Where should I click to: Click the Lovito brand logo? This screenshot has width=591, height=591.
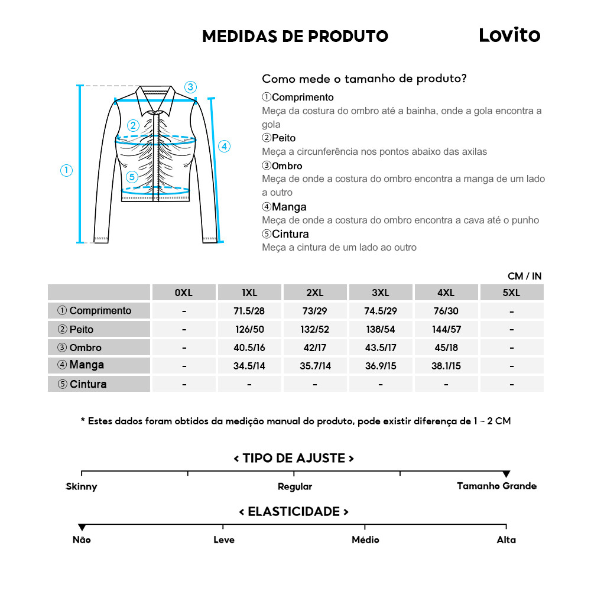[509, 35]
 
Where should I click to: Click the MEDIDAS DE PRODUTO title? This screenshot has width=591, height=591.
[295, 36]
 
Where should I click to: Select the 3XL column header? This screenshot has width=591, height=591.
[381, 293]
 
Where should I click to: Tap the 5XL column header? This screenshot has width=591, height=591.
[511, 293]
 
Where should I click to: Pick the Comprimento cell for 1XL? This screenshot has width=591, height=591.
[249, 311]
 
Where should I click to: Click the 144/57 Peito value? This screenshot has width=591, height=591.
[446, 329]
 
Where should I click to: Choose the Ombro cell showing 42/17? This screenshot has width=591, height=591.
[314, 348]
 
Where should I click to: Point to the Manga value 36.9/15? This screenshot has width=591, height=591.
[381, 366]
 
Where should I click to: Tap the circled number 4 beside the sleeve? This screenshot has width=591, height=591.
[224, 147]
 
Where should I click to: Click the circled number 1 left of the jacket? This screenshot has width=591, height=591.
[67, 170]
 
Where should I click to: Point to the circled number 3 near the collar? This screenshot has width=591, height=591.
[190, 87]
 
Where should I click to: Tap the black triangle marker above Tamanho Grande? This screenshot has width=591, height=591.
[506, 474]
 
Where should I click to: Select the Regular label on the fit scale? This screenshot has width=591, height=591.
[294, 486]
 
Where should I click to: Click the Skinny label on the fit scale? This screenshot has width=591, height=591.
[82, 486]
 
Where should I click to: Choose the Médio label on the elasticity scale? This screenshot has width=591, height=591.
[365, 540]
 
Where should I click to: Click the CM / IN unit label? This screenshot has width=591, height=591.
[524, 276]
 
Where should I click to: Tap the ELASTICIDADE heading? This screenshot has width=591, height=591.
[294, 511]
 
